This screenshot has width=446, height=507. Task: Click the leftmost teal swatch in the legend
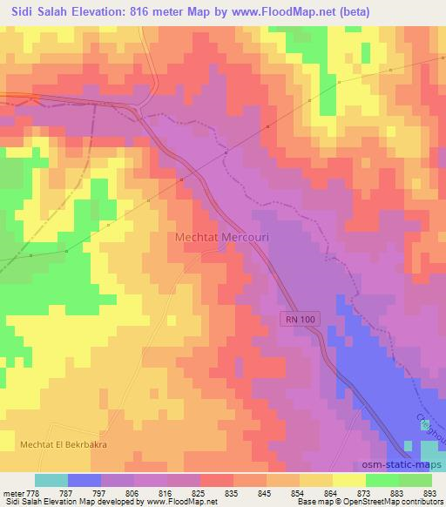click(51, 480)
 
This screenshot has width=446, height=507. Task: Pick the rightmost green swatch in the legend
click(415, 480)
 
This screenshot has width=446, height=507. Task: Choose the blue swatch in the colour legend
click(84, 480)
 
